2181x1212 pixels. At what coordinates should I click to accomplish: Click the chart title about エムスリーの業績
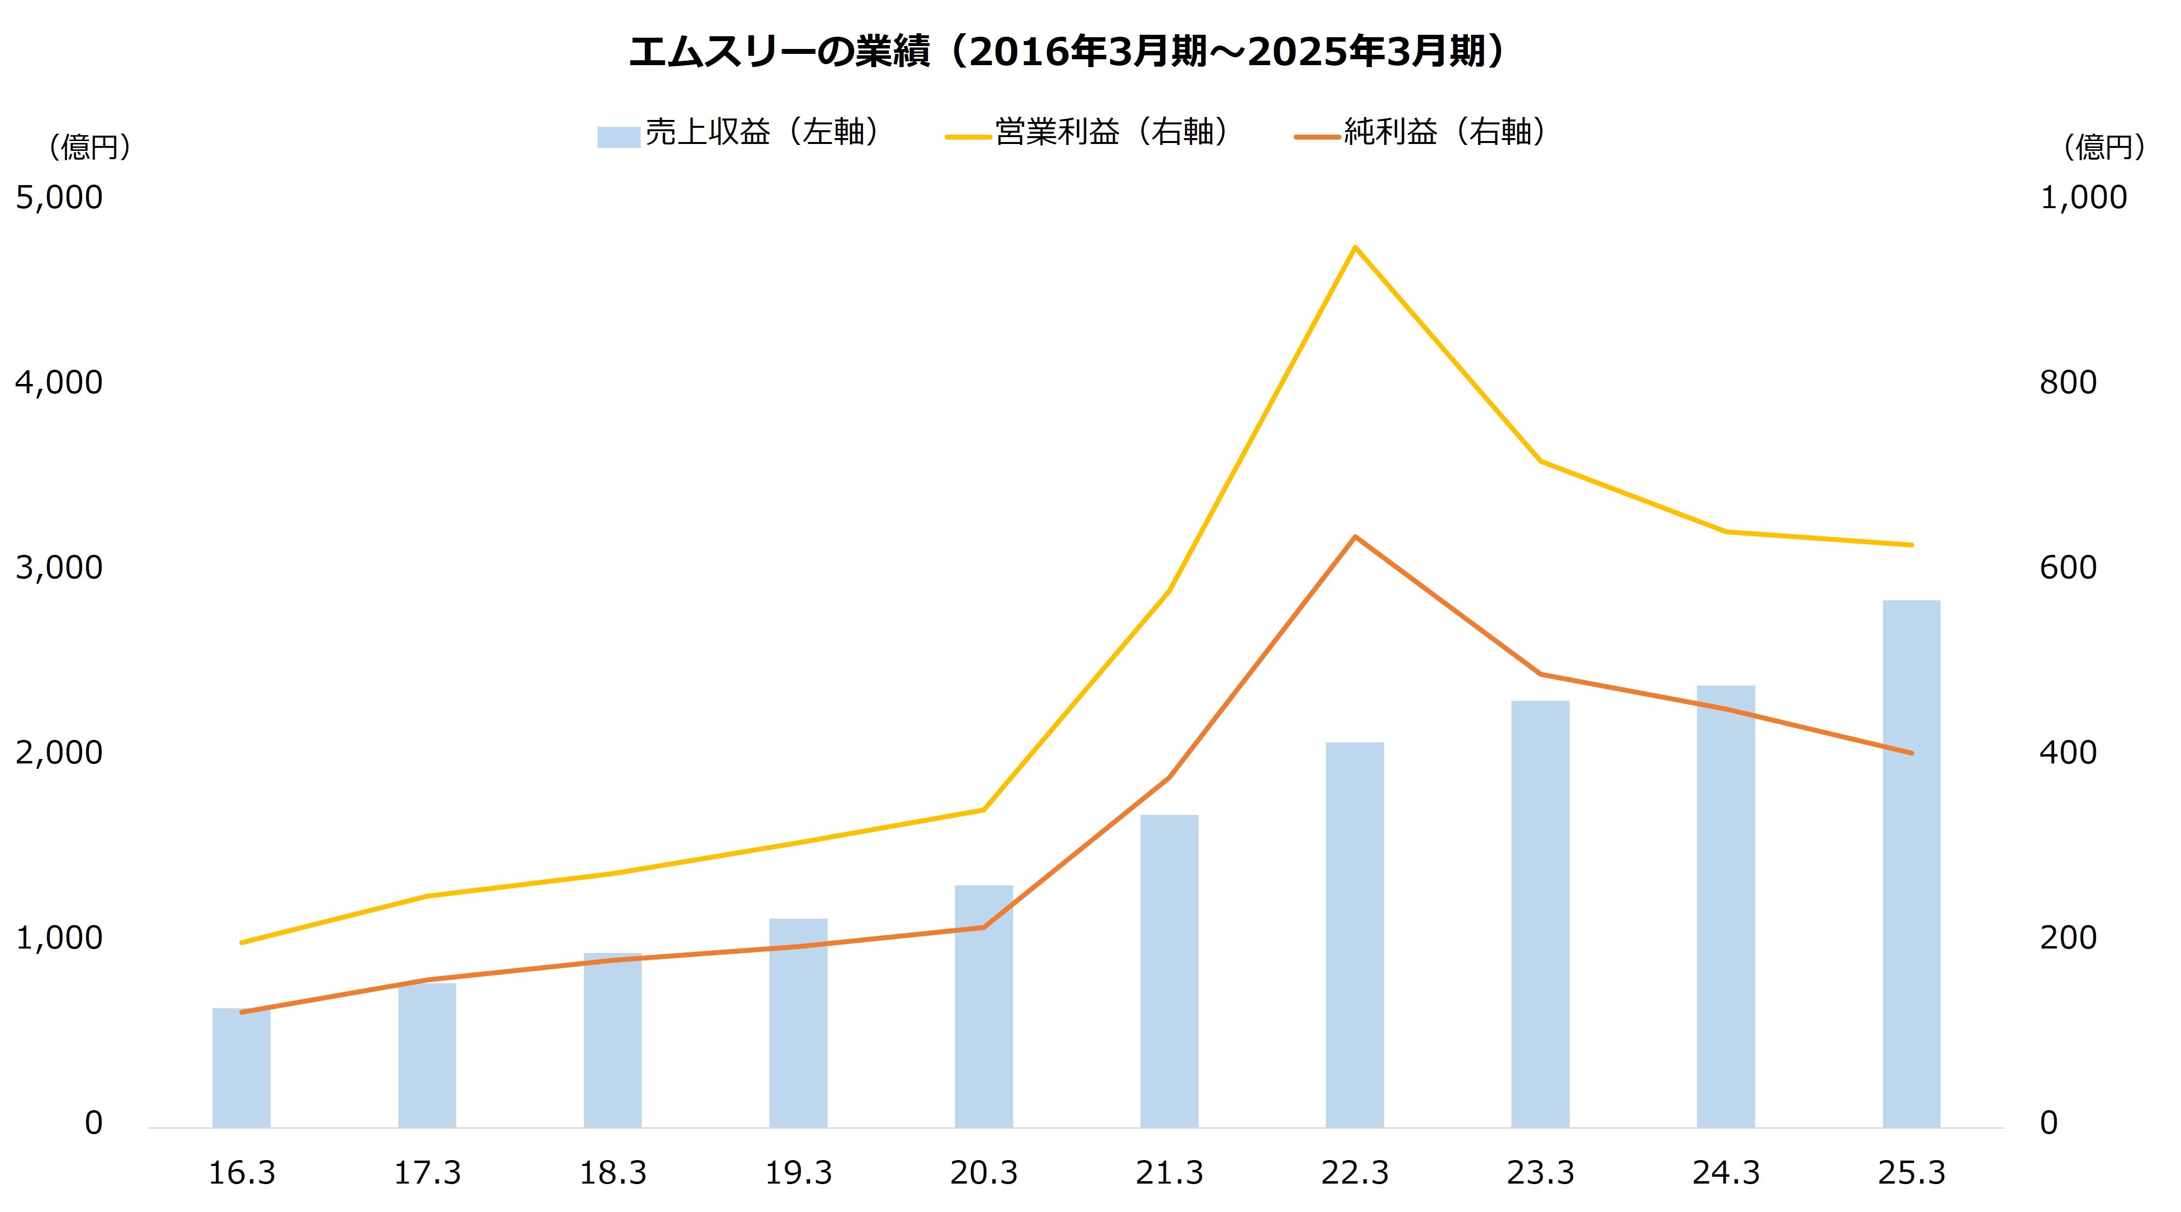(x=1068, y=52)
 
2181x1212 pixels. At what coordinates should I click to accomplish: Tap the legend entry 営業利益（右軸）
(x=1092, y=133)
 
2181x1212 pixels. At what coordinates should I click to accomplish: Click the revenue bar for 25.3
(x=1911, y=864)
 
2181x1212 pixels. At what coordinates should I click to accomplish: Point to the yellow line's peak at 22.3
(x=1355, y=247)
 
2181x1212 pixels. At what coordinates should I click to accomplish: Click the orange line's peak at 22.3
(x=1355, y=537)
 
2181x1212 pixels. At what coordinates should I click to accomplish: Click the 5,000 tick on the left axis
(x=59, y=197)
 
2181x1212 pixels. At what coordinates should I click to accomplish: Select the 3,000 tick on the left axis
(x=59, y=568)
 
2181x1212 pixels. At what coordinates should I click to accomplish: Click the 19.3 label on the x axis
(x=798, y=1173)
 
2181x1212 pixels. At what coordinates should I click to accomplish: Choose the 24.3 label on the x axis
(x=1725, y=1173)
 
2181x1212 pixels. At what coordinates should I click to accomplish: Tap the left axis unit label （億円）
(x=89, y=147)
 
